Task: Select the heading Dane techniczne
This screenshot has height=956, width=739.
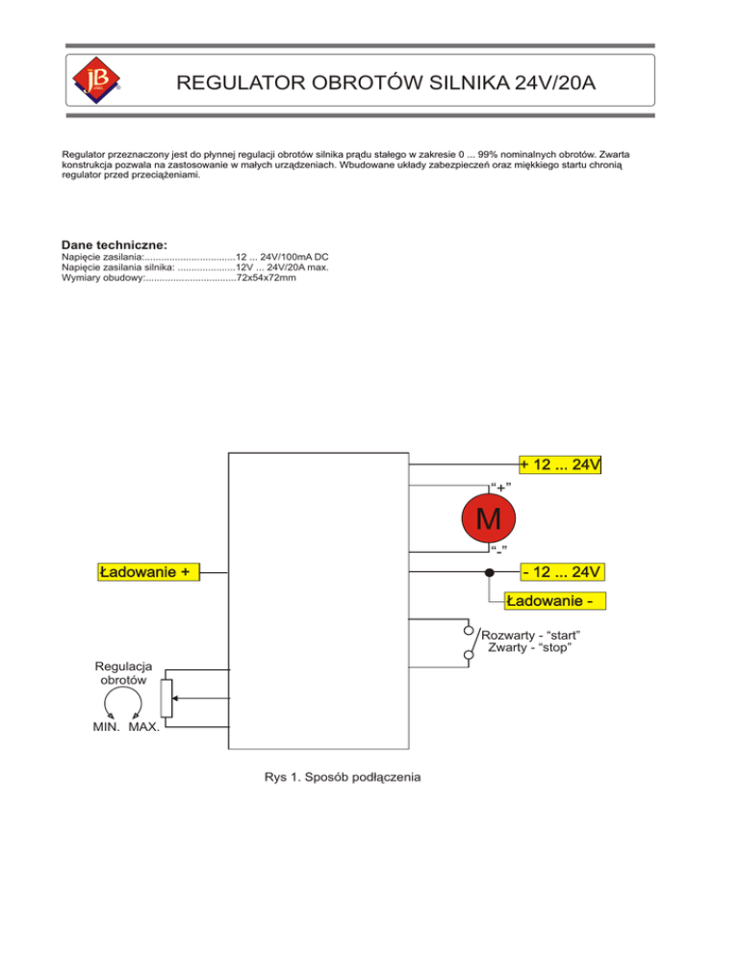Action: (114, 245)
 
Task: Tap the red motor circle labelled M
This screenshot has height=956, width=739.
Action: (488, 519)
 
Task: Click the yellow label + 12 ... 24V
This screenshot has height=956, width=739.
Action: (561, 465)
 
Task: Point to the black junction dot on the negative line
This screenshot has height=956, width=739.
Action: (489, 573)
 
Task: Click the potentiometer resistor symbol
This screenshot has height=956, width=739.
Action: (166, 698)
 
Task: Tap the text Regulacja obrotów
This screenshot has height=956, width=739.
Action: (122, 672)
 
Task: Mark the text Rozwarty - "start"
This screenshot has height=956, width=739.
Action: (535, 636)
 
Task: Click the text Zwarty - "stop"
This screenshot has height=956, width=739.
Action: (531, 649)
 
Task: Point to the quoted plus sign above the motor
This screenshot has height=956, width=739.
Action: (499, 486)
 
